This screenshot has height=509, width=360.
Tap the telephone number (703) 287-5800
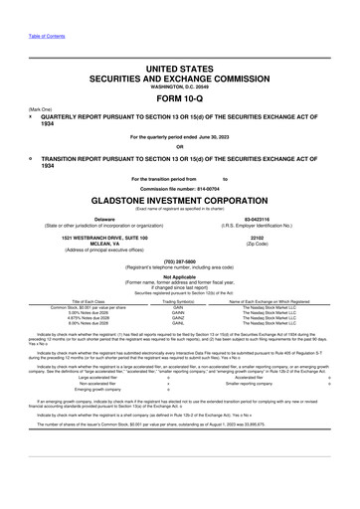coord(179,265)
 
